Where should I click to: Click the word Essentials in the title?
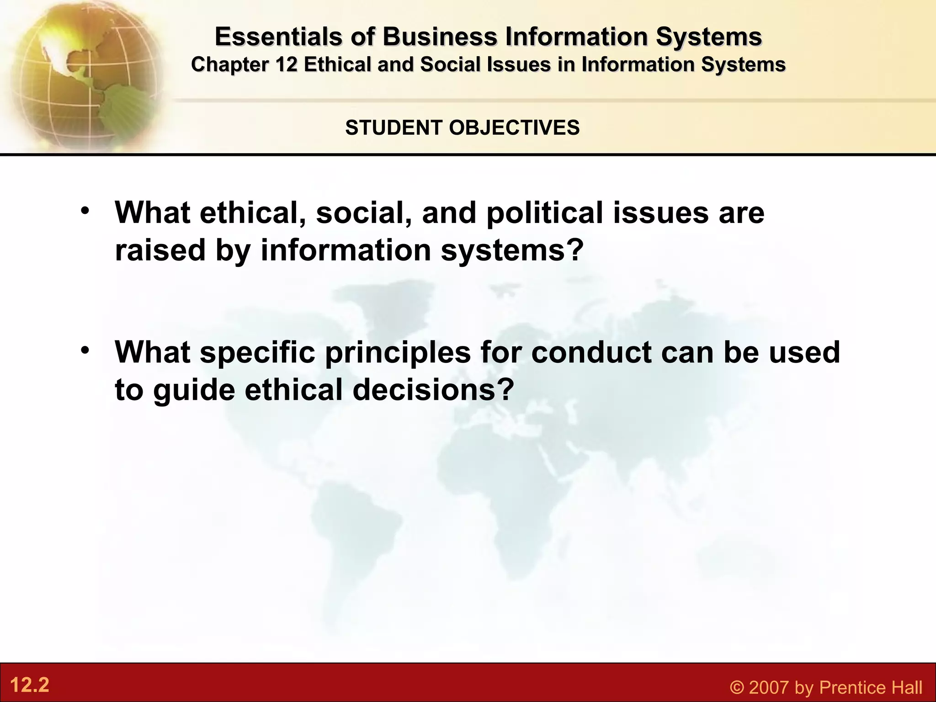(278, 37)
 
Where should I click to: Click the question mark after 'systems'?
(575, 250)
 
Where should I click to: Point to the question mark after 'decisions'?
(505, 390)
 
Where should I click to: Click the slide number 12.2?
(29, 686)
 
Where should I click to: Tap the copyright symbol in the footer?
(737, 687)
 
